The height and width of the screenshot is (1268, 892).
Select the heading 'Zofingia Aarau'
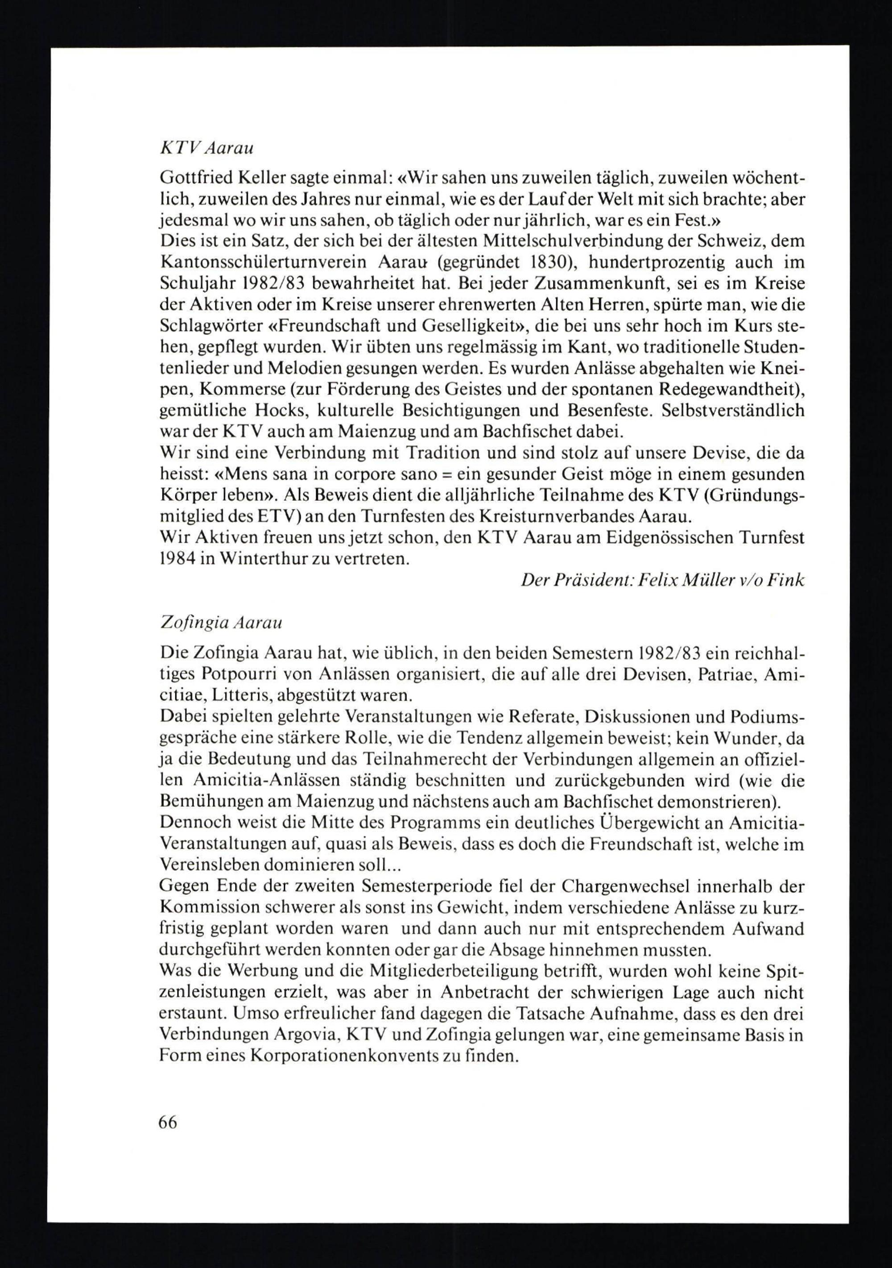click(220, 623)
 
